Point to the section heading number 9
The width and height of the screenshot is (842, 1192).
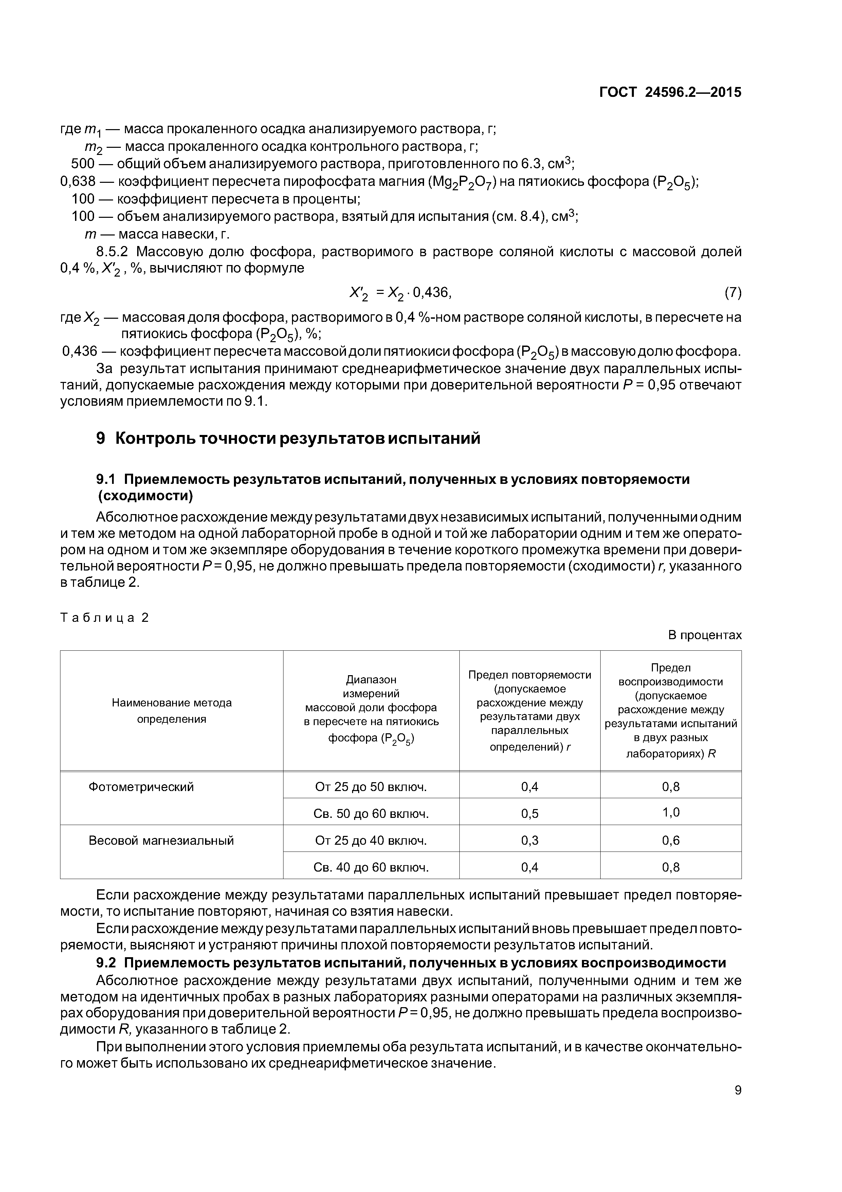click(100, 438)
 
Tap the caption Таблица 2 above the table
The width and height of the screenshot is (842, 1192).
click(105, 617)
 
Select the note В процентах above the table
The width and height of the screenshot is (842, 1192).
click(704, 635)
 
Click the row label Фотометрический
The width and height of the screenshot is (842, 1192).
click(141, 787)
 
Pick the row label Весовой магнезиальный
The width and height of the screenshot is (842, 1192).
click(161, 840)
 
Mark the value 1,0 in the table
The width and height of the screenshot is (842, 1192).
click(670, 812)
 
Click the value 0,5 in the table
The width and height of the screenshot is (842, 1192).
click(530, 813)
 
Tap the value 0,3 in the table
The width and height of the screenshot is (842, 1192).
click(530, 840)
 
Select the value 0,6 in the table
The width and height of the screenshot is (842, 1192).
click(670, 840)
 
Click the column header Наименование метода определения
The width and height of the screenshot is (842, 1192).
click(172, 711)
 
